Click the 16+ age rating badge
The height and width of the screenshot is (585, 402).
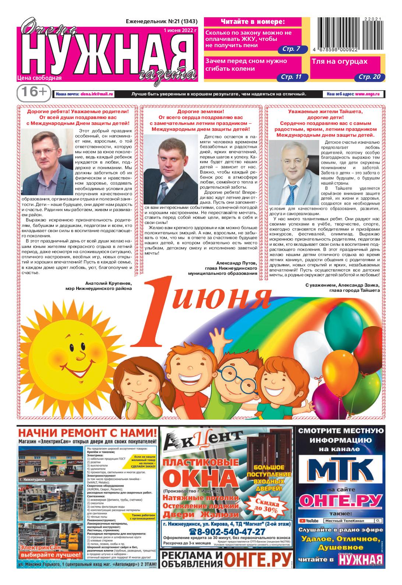click(33, 92)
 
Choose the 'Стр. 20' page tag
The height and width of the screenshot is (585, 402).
click(370, 77)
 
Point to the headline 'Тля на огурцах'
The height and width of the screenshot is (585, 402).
click(340, 62)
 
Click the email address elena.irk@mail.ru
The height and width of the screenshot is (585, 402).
click(97, 94)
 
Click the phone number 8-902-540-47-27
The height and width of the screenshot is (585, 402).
click(227, 532)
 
